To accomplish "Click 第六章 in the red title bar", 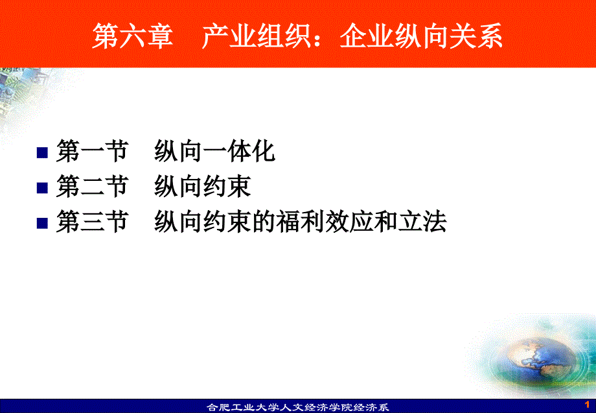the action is coord(132,36).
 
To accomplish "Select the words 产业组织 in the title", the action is coord(257,36).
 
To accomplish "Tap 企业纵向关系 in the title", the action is coord(421,36).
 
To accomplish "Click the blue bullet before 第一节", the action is coord(42,152).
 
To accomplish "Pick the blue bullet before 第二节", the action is coord(42,188).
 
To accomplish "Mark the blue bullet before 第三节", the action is coord(42,223).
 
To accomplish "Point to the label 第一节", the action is coord(92,151).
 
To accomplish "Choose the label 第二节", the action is coord(92,186).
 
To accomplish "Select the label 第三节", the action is coord(92,221).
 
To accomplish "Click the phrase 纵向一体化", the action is coord(215,151).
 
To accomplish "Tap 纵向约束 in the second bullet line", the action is coord(203,186).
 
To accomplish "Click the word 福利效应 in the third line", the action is coord(325,221).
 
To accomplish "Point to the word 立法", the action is coord(422,221).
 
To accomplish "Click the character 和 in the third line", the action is coord(386,221).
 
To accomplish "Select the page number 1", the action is coord(588,405).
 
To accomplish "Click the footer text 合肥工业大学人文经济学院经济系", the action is coord(297,407).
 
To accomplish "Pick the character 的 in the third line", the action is coord(264,221).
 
